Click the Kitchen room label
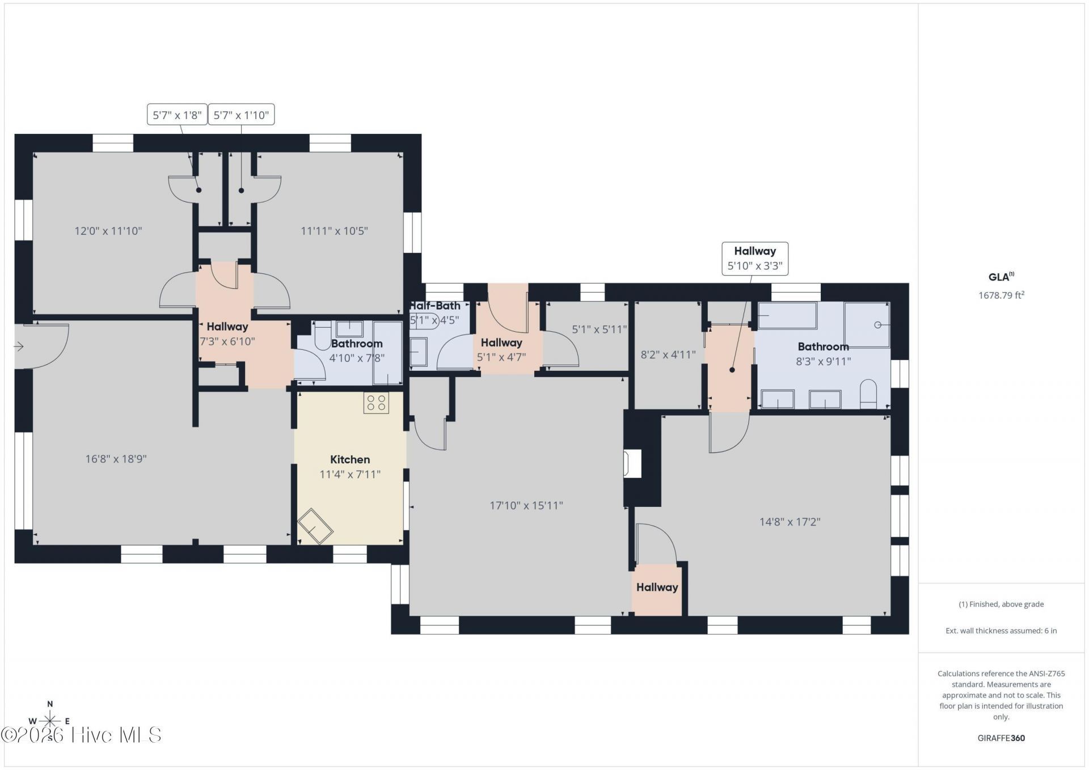click(x=350, y=459)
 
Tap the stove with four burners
click(x=376, y=403)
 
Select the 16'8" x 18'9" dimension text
click(x=116, y=459)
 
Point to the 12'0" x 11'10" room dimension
click(x=108, y=231)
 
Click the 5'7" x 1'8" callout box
click(x=177, y=115)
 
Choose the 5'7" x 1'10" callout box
click(x=241, y=115)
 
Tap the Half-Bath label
click(x=435, y=306)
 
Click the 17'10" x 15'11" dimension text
click(x=526, y=505)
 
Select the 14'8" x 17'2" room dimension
click(x=790, y=522)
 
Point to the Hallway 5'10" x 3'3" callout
click(x=755, y=259)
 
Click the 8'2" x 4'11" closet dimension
click(x=668, y=355)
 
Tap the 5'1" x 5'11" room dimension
click(x=600, y=329)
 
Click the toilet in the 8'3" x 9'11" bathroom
click(x=868, y=394)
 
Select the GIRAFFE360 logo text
click(x=1001, y=738)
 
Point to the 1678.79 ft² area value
click(x=1001, y=295)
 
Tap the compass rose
click(x=50, y=721)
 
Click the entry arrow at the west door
click(x=19, y=346)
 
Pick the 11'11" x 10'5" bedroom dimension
click(x=335, y=231)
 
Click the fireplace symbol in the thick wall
click(x=632, y=463)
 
